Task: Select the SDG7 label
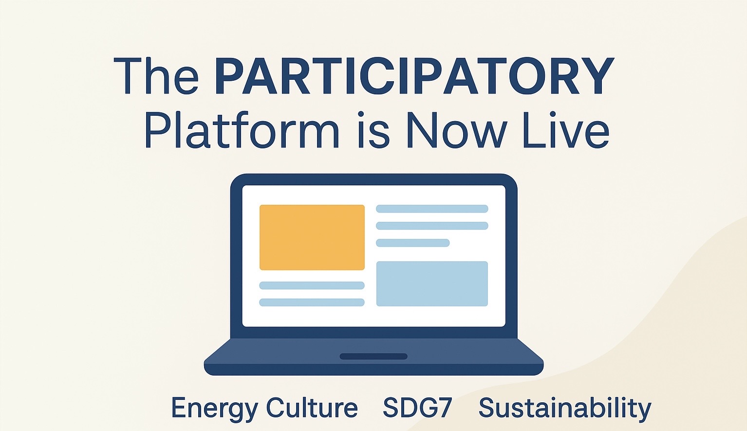417,407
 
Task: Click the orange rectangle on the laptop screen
312,237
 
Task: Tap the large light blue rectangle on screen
432,284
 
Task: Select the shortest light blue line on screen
413,243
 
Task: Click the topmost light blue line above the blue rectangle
432,209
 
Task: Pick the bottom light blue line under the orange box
312,303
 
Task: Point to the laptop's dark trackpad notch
373,357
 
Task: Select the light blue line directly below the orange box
312,286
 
